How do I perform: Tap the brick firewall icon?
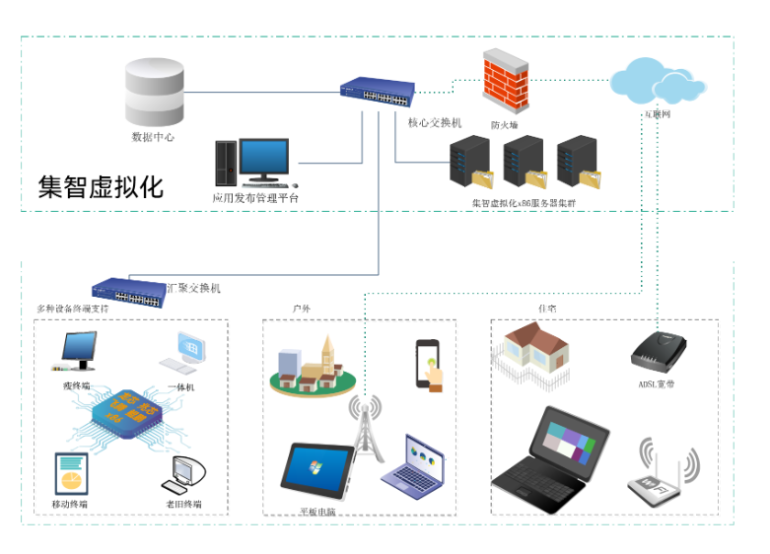pos(506,81)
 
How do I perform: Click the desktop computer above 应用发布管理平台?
pos(252,163)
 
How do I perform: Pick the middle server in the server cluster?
pos(523,162)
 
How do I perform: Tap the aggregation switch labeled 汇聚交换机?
pos(129,289)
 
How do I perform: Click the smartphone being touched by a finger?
pos(428,364)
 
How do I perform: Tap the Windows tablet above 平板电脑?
pos(317,470)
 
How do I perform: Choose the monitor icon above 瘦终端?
pos(79,352)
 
